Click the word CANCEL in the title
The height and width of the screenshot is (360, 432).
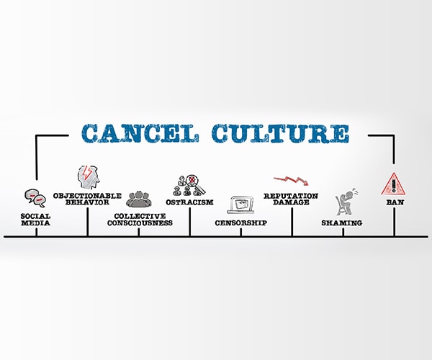(x=140, y=134)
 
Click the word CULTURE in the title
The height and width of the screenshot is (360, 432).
(x=281, y=134)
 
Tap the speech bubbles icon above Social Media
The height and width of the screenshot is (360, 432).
(x=35, y=198)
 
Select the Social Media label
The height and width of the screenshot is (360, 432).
(x=35, y=220)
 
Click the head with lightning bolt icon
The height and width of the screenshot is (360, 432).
(x=88, y=177)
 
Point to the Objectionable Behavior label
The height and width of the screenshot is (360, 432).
(x=87, y=199)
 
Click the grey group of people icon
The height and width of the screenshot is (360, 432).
(x=139, y=199)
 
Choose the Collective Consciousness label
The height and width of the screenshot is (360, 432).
(x=140, y=220)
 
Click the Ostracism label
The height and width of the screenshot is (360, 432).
(x=189, y=202)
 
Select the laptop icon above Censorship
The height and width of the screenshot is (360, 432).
(x=240, y=204)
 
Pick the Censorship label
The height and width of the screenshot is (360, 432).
(x=240, y=222)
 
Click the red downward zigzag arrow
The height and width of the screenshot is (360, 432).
(x=291, y=181)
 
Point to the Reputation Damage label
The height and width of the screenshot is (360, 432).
(x=291, y=199)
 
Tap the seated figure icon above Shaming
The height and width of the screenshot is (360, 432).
(x=346, y=202)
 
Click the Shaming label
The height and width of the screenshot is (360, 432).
(x=341, y=222)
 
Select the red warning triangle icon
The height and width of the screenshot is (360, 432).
(x=394, y=184)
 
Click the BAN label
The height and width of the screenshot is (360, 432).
(x=395, y=202)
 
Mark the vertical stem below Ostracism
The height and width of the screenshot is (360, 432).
(x=190, y=222)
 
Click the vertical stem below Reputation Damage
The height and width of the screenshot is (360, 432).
(x=292, y=222)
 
